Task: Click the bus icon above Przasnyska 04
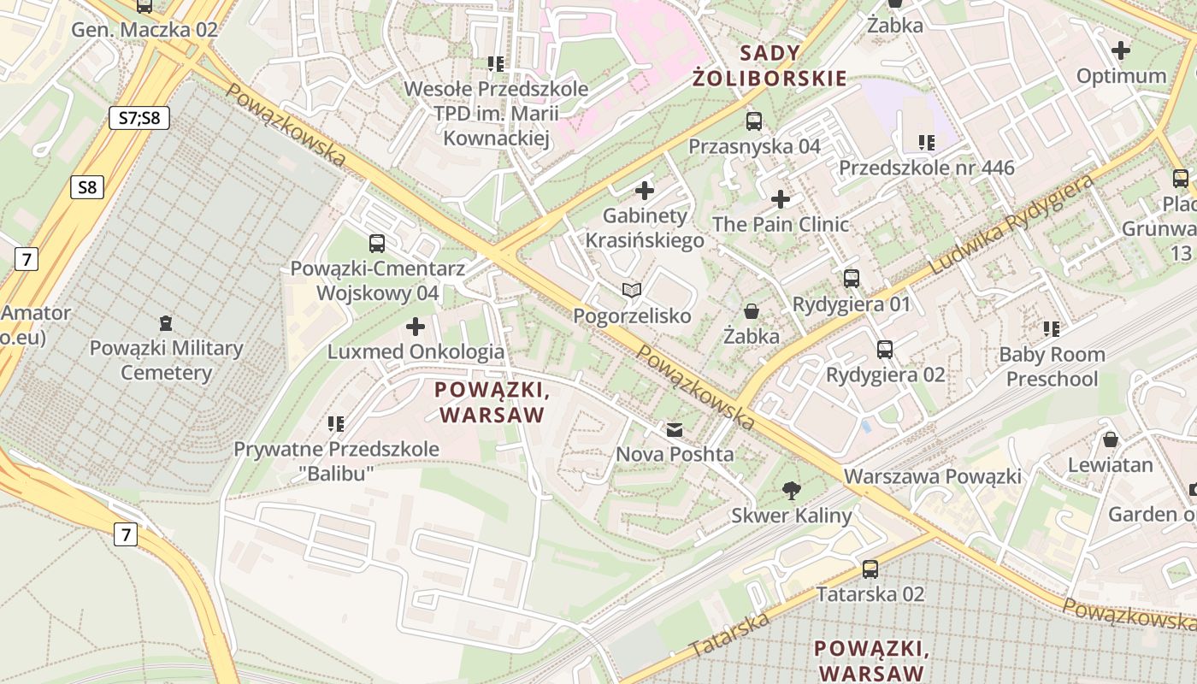(x=753, y=121)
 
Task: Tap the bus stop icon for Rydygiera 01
(x=852, y=278)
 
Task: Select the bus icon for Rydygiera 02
(x=885, y=349)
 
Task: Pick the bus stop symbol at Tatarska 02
(x=870, y=569)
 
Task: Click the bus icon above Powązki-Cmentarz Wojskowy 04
(x=377, y=243)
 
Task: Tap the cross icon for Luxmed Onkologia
(x=416, y=327)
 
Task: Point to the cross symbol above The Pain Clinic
(x=781, y=199)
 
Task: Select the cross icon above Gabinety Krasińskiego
(x=645, y=191)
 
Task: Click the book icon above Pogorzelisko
(x=632, y=291)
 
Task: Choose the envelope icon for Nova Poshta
(x=675, y=429)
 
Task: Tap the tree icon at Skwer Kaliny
(x=792, y=490)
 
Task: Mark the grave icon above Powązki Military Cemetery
(x=165, y=323)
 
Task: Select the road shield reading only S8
(x=87, y=187)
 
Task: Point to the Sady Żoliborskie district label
(x=769, y=66)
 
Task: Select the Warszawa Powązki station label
(x=932, y=476)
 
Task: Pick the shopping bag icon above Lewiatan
(x=1110, y=439)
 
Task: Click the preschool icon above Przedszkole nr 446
(x=927, y=142)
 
